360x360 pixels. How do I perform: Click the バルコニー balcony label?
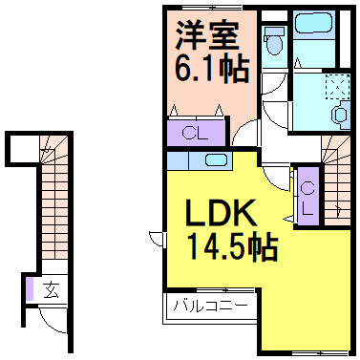(x=211, y=307)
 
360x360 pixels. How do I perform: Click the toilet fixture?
(x=275, y=39)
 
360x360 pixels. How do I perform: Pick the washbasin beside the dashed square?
(x=340, y=113)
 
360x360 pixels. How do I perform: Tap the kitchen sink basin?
(x=216, y=159)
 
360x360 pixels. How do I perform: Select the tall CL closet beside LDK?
(x=307, y=195)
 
